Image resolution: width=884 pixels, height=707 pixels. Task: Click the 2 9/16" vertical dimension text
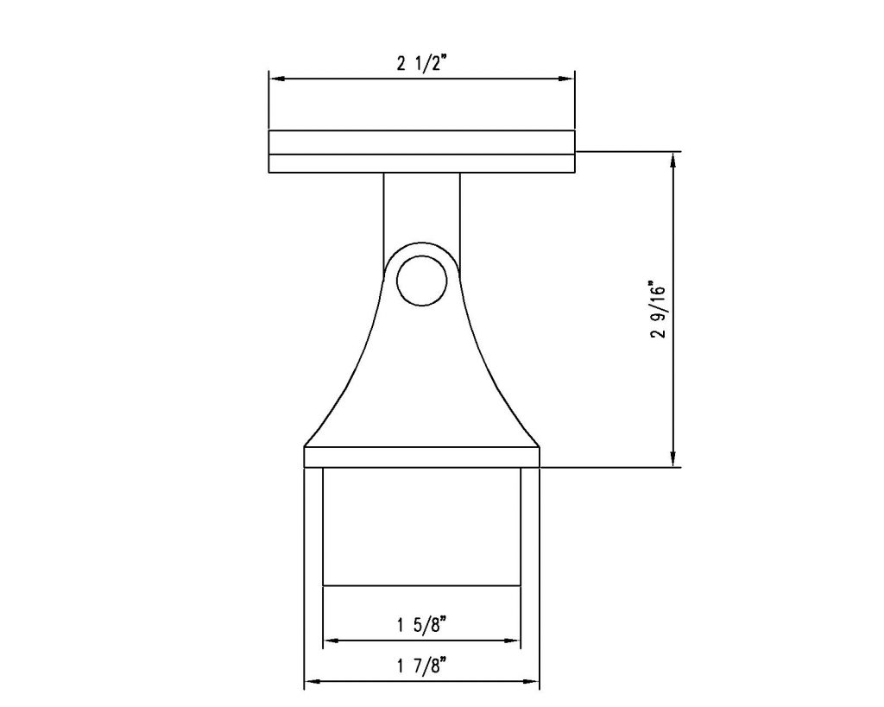pos(658,309)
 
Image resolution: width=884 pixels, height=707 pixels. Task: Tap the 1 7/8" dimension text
pos(421,666)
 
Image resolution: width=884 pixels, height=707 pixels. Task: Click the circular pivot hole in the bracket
pos(421,280)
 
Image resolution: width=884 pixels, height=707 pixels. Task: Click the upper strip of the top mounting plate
pos(421,142)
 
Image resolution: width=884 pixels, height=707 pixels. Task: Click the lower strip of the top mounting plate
pos(421,164)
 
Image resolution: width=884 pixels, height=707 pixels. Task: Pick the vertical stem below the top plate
pos(421,207)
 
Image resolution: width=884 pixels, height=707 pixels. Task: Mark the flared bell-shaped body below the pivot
pos(421,380)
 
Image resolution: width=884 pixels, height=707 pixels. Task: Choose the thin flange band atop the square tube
pos(421,458)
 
